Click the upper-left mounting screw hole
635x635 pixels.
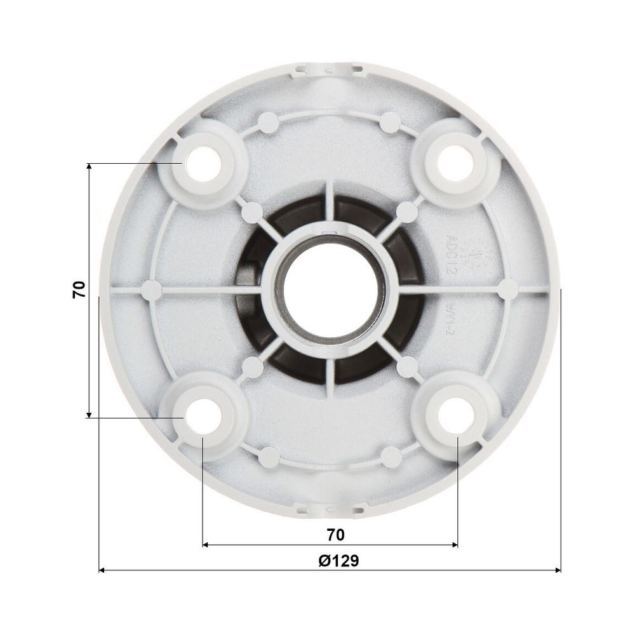[203, 163]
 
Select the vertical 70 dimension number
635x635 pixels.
[79, 290]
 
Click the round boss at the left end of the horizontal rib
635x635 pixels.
[151, 290]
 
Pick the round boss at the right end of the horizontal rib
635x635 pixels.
[508, 290]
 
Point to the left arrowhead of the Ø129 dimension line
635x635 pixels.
[102, 570]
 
